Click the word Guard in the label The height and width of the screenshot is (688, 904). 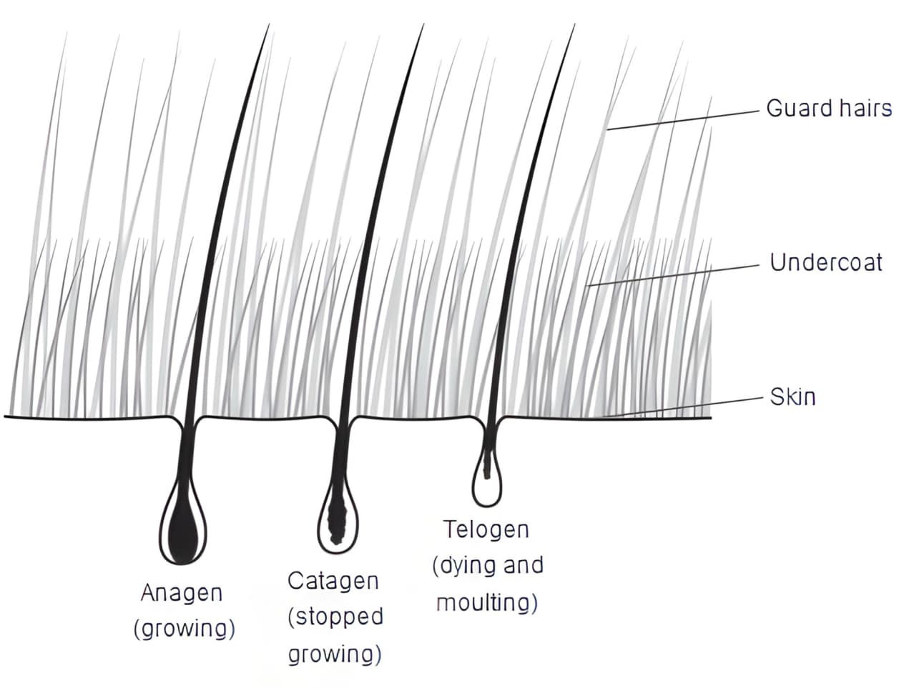click(x=797, y=109)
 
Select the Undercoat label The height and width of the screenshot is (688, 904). click(x=826, y=262)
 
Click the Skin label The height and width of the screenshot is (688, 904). click(x=792, y=397)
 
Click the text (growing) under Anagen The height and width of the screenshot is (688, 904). click(x=185, y=629)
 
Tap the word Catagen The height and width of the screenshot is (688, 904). click(x=333, y=581)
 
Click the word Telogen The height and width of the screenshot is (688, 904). click(x=486, y=529)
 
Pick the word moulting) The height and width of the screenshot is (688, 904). click(x=487, y=603)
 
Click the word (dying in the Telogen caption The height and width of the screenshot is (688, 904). click(x=459, y=567)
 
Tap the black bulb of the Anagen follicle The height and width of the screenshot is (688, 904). click(x=182, y=527)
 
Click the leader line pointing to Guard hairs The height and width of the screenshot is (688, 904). click(x=683, y=120)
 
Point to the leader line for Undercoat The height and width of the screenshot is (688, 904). click(x=674, y=275)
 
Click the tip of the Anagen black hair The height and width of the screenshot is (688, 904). click(x=269, y=25)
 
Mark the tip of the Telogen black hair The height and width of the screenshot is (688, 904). click(x=574, y=25)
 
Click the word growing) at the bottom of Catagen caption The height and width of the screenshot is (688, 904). click(x=335, y=654)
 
